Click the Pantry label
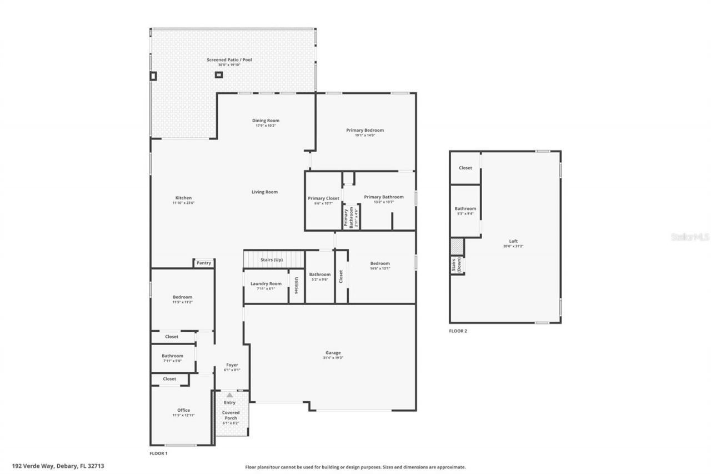204,263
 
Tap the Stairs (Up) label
272,260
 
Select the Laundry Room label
266,283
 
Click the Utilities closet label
297,285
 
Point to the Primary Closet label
323,198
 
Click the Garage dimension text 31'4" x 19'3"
333,358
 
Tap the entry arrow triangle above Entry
229,395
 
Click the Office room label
183,410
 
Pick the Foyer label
232,365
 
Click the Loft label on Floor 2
513,241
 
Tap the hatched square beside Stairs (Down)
457,247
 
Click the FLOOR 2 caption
458,331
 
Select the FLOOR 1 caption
158,453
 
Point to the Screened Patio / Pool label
229,59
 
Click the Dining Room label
266,121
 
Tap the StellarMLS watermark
690,237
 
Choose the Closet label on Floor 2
465,168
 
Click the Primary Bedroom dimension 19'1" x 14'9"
365,135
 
